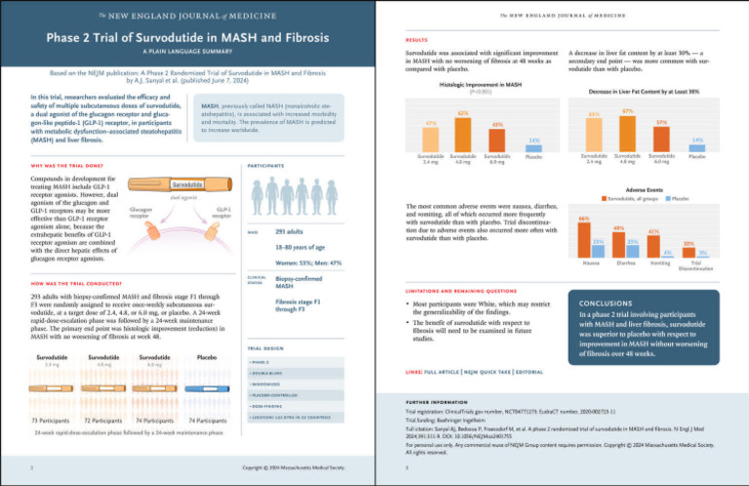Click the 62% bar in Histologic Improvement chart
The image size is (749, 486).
(x=462, y=132)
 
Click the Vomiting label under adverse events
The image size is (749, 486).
(x=659, y=263)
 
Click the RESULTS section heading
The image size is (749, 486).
(x=416, y=40)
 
